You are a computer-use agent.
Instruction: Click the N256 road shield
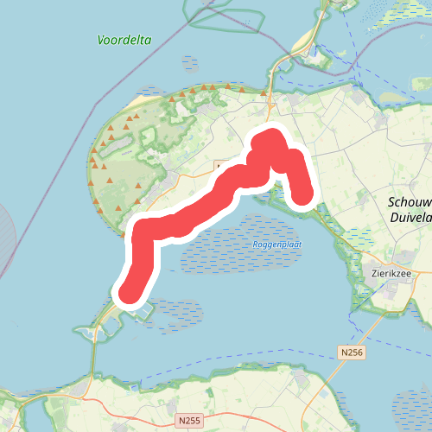coord(350,352)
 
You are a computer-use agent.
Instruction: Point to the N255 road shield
coord(190,420)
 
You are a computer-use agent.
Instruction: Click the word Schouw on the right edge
coord(410,201)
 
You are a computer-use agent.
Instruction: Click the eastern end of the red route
coord(303,198)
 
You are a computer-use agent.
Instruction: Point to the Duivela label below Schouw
coord(410,218)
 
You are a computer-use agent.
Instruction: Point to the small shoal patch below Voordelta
coord(190,62)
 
